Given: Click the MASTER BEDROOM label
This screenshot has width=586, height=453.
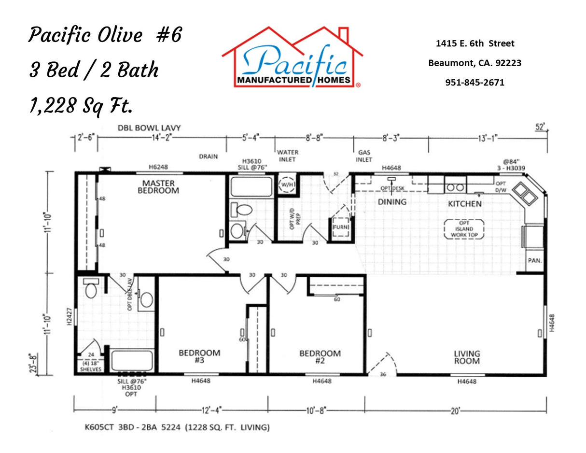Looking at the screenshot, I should (158, 187).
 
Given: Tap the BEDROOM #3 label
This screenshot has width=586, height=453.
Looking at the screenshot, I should (199, 357).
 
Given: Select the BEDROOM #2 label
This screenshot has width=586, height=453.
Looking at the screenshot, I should (320, 357).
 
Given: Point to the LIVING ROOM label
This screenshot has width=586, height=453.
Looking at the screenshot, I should (466, 357).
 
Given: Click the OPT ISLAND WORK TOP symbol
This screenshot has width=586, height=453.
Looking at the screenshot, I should (462, 228).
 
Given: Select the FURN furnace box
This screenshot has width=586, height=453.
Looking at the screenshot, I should (340, 226).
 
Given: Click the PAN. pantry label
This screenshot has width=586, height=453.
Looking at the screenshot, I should (534, 260).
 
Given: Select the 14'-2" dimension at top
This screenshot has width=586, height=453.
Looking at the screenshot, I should (162, 137).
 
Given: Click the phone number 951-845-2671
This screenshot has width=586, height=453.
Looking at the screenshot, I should (474, 83).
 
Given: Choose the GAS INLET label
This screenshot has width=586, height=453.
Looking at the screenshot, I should (364, 156).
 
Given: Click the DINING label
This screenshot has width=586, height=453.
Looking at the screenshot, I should (391, 202).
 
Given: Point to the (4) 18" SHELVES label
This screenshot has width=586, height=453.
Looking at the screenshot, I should (91, 366).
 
